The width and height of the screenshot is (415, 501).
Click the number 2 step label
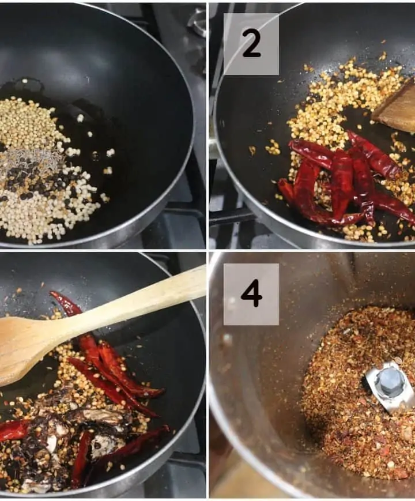[251, 44]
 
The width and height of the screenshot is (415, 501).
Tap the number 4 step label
[251, 294]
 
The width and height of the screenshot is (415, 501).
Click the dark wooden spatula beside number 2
[396, 108]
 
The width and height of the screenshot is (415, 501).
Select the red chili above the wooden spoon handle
[66, 303]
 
